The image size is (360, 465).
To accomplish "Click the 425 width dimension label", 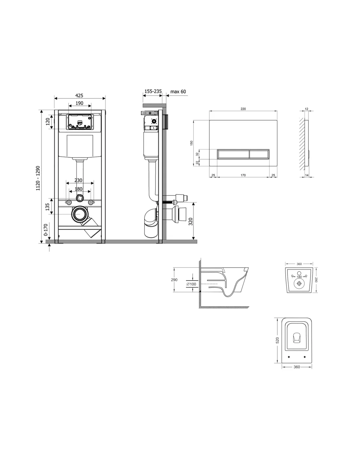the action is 79,95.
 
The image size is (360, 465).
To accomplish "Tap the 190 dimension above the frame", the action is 80,103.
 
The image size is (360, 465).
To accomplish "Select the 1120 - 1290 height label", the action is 38,178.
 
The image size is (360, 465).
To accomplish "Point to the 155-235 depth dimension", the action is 153,91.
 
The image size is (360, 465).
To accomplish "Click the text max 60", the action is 178,92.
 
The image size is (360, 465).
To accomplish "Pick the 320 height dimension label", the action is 190,221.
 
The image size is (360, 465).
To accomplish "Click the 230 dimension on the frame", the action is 78,181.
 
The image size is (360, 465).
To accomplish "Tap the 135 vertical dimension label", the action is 47,207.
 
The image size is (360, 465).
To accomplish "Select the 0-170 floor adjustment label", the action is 46,230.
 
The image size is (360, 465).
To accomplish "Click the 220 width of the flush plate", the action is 243,109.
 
